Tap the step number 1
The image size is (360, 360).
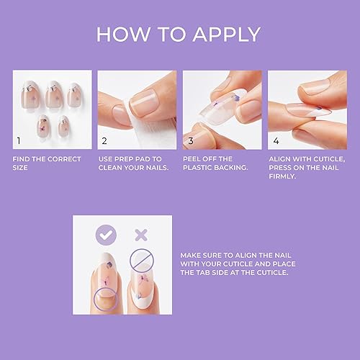click(20, 141)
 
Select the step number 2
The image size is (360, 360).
click(105, 141)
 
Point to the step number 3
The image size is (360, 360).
click(191, 141)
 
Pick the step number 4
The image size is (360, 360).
click(276, 141)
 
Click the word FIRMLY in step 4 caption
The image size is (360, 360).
click(284, 176)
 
